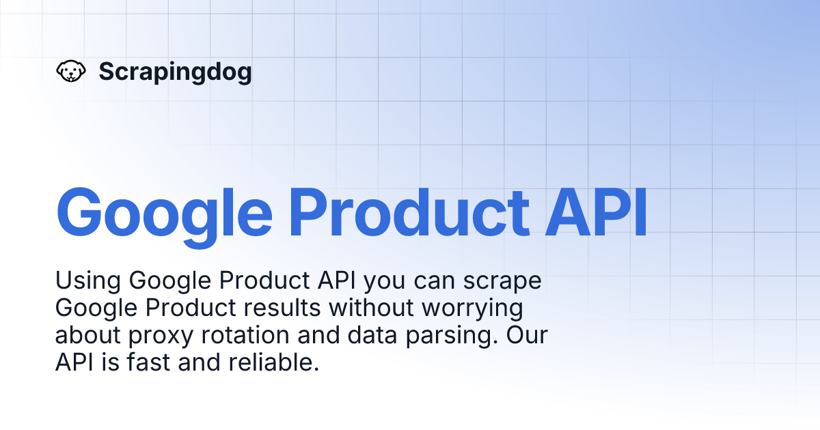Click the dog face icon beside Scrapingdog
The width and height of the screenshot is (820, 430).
pyautogui.click(x=70, y=72)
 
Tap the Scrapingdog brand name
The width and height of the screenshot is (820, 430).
pyautogui.click(x=175, y=72)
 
